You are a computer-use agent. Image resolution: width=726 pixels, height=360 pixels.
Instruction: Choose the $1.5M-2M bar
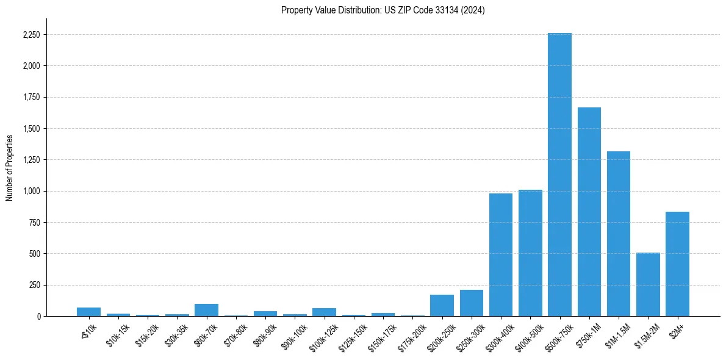click(x=648, y=284)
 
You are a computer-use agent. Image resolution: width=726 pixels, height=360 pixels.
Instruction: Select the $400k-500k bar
click(x=530, y=253)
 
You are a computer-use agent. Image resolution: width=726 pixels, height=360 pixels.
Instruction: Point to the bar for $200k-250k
click(x=442, y=305)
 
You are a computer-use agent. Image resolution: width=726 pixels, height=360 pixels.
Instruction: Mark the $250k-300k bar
click(x=471, y=303)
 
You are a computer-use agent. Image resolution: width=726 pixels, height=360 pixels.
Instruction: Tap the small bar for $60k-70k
click(x=206, y=310)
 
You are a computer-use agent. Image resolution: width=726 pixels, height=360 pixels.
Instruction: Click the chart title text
click(x=383, y=10)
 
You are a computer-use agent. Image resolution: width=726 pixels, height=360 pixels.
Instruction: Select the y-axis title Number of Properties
click(x=10, y=167)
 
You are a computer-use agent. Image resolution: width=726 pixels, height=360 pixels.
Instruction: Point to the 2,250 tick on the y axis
click(x=31, y=35)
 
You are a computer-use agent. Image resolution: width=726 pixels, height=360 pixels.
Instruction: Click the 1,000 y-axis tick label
click(x=31, y=191)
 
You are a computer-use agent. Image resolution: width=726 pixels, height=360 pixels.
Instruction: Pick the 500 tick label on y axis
click(x=34, y=254)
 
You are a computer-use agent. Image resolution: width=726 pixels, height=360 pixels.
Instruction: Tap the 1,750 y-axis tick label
click(x=31, y=97)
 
